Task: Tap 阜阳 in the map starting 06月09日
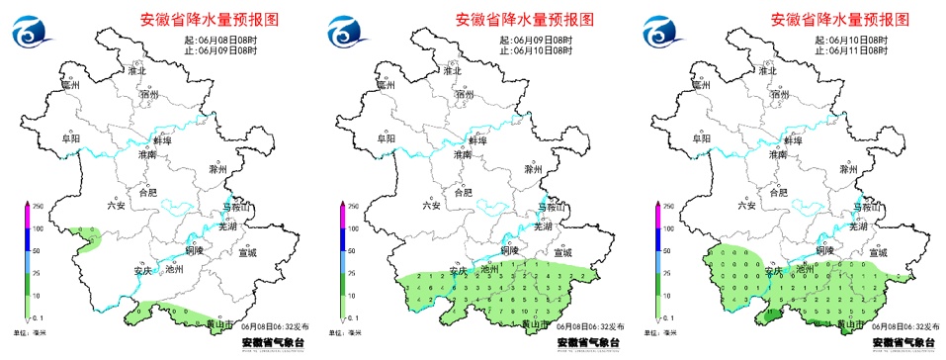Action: tap(384, 139)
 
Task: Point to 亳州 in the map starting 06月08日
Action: tap(69, 86)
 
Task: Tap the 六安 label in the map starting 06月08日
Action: tap(116, 206)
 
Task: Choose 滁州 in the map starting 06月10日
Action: tap(849, 170)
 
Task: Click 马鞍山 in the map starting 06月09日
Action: tap(553, 207)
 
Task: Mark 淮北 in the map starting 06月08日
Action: tap(136, 71)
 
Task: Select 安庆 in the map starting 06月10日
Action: tap(775, 269)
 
